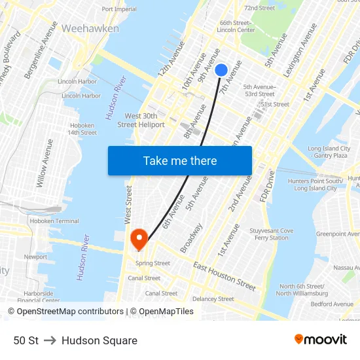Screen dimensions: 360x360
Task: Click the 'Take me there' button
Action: [180, 160]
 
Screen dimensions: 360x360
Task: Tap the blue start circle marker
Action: [221, 70]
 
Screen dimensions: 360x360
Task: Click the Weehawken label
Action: [90, 29]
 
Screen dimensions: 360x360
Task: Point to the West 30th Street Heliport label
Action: [141, 120]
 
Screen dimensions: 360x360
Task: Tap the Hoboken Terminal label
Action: [54, 221]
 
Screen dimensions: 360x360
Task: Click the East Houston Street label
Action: [224, 276]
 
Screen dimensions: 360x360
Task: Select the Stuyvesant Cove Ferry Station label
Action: [272, 234]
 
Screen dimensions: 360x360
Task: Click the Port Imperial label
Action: [119, 9]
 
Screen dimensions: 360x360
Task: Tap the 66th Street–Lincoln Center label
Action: [236, 26]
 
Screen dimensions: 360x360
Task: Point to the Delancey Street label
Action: [213, 299]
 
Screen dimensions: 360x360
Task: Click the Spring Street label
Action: [153, 263]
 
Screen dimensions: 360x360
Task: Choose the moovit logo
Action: [321, 340]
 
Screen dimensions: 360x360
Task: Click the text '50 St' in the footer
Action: [26, 340]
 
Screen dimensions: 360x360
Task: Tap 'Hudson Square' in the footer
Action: [99, 340]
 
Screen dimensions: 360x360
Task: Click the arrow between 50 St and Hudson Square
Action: [50, 340]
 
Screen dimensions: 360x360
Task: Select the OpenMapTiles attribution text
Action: [162, 312]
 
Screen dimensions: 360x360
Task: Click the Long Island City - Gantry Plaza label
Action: [329, 152]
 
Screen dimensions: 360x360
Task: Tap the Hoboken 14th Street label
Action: [82, 128]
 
